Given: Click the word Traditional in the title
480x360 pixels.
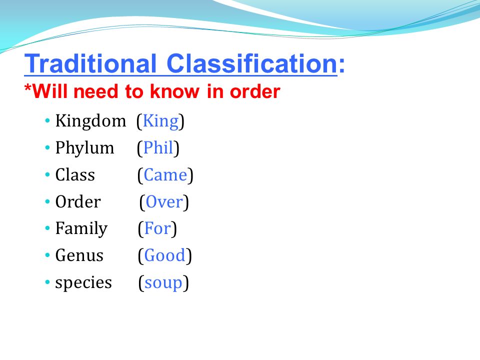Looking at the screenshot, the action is (x=90, y=63).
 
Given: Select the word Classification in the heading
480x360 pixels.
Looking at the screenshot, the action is (x=252, y=63).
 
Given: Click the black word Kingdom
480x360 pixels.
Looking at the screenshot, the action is (x=90, y=120).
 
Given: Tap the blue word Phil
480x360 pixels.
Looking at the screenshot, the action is (x=158, y=147).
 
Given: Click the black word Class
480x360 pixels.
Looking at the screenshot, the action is (x=75, y=175).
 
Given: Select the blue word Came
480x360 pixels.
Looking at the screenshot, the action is (x=165, y=175).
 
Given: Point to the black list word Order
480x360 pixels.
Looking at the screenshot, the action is (x=78, y=201).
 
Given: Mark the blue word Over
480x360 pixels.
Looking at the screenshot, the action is (x=164, y=202).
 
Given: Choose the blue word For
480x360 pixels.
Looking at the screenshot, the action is (x=157, y=228).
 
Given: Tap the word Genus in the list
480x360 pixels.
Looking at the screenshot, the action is (x=79, y=255).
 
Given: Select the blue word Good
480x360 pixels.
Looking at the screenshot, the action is (x=164, y=255).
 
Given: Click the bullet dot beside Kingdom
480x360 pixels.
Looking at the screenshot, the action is (x=47, y=120).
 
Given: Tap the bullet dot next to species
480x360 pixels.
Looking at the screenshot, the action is (x=47, y=282).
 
